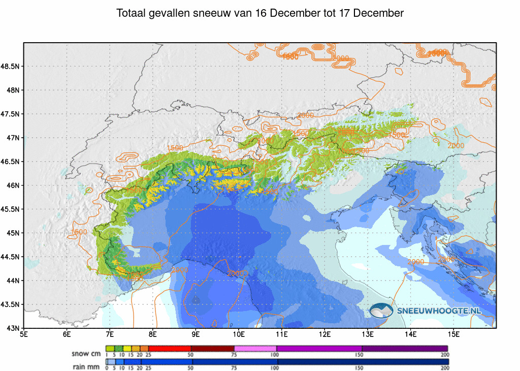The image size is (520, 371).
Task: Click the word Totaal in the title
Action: pyautogui.click(x=131, y=13)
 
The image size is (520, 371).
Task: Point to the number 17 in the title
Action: pyautogui.click(x=343, y=13)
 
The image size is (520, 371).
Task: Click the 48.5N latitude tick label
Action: pyautogui.click(x=10, y=67)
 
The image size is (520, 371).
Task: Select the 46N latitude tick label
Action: pyautogui.click(x=13, y=185)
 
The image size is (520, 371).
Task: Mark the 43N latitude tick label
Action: pyautogui.click(x=13, y=328)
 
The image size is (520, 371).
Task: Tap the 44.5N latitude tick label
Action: pyautogui.click(x=10, y=257)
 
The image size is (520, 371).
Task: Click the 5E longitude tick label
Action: pyautogui.click(x=24, y=334)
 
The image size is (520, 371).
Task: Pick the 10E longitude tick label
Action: pyautogui.click(x=239, y=334)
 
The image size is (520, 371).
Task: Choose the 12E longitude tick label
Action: pyautogui.click(x=326, y=334)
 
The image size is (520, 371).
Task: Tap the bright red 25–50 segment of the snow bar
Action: pyautogui.click(x=170, y=349)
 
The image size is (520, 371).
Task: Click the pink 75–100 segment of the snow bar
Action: pyautogui.click(x=255, y=349)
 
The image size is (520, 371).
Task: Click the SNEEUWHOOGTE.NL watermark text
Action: pyautogui.click(x=439, y=310)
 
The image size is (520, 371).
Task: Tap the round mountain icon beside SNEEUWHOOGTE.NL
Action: pyautogui.click(x=381, y=310)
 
